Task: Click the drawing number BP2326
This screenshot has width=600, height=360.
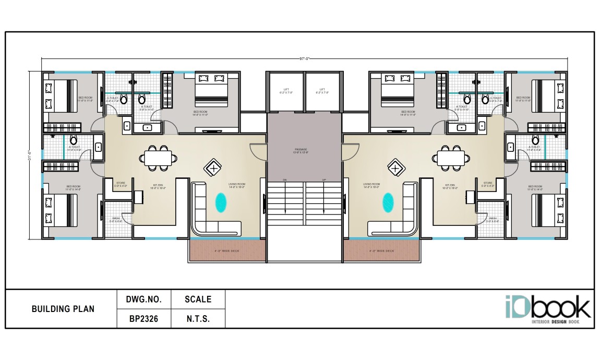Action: [143, 319]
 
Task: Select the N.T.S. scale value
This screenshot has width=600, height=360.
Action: [198, 319]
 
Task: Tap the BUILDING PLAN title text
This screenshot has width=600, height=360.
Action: [63, 309]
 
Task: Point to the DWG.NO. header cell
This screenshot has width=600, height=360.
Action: [143, 299]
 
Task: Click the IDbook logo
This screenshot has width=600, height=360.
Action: [548, 310]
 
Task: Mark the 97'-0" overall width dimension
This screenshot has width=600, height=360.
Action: [305, 59]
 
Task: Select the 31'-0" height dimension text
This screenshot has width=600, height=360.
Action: [31, 156]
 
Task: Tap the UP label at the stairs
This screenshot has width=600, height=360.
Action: [324, 180]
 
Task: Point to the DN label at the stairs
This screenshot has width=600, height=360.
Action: [285, 180]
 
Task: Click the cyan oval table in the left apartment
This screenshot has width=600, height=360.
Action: [221, 202]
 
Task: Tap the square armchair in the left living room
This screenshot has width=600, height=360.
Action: [213, 168]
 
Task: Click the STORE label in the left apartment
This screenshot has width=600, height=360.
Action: [121, 184]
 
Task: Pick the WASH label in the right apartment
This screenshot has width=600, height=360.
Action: [493, 220]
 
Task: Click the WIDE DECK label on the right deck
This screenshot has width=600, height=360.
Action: [381, 251]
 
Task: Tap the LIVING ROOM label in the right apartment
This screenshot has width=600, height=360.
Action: [372, 185]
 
